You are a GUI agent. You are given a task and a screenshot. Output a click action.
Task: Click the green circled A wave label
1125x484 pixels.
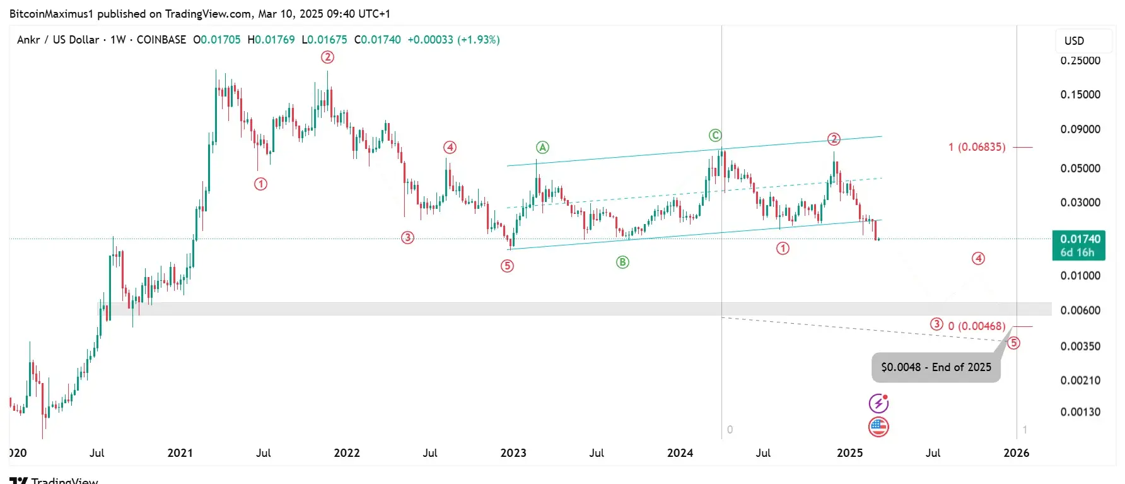click(542, 148)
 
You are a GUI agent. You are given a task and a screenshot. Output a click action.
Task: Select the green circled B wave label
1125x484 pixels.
click(622, 263)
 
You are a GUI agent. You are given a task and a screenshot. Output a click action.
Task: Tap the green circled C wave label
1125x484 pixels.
click(714, 136)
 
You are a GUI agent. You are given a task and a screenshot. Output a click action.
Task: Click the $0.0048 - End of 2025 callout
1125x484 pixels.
click(936, 367)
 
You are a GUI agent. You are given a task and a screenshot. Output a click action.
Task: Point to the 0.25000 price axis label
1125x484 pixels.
click(1080, 61)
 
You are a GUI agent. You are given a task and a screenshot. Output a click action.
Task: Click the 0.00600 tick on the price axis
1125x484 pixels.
click(1080, 310)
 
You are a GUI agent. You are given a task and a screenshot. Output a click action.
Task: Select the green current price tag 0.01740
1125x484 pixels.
click(1080, 245)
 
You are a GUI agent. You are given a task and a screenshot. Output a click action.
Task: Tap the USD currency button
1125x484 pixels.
click(1074, 41)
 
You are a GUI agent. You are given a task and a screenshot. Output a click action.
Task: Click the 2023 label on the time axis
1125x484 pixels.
click(513, 453)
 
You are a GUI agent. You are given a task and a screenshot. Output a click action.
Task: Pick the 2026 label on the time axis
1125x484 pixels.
click(1017, 453)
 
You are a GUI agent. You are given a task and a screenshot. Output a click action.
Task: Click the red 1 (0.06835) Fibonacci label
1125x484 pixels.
click(977, 147)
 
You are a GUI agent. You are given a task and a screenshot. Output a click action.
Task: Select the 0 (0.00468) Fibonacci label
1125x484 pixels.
click(977, 326)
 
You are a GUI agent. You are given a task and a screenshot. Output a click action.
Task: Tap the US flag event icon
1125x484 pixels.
click(878, 427)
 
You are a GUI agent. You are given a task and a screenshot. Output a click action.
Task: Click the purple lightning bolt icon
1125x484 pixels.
click(878, 403)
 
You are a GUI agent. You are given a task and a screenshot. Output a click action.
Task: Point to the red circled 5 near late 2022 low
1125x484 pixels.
click(507, 266)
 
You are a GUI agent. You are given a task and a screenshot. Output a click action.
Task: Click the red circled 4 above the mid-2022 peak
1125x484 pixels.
click(450, 148)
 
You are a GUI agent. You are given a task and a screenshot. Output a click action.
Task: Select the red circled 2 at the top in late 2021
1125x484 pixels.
click(327, 57)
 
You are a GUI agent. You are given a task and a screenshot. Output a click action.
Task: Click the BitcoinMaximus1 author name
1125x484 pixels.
click(51, 14)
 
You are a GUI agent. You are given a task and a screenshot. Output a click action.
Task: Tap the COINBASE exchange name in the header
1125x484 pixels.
click(161, 40)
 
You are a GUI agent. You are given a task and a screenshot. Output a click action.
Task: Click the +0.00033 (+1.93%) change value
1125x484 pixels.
click(453, 40)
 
